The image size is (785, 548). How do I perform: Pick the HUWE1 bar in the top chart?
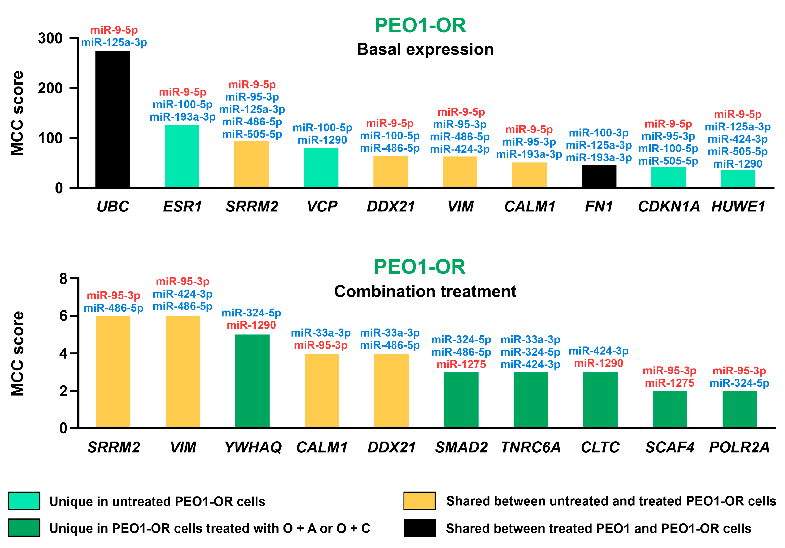738,178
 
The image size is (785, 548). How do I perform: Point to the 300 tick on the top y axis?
50,38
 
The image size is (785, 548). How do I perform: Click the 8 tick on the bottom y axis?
64,279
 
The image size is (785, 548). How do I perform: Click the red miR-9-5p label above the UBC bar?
114,30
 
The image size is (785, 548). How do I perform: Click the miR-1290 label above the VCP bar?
322,140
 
